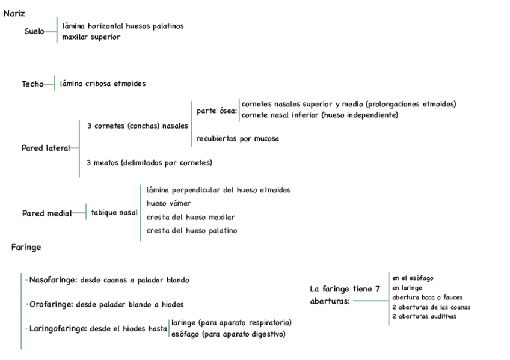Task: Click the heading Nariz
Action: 14,14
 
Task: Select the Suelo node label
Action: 34,31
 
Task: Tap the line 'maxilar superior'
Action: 91,37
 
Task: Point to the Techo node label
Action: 33,84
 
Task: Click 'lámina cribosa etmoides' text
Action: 103,84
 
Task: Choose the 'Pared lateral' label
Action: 46,148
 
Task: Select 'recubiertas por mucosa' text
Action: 238,139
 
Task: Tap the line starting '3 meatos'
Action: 149,162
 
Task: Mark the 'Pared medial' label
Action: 46,213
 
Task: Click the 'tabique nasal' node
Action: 114,213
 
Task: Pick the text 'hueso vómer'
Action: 168,204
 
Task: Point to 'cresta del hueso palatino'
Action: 192,231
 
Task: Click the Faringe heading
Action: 26,247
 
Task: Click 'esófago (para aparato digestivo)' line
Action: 229,334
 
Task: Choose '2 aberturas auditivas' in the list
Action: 424,316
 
